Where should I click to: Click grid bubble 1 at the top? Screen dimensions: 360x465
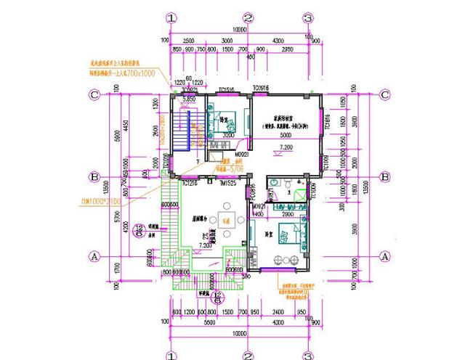171,17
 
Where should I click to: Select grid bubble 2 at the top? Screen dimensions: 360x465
247,17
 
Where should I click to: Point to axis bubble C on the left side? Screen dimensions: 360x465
94,94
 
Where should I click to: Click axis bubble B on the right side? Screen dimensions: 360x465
385,176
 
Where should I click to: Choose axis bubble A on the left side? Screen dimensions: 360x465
94,255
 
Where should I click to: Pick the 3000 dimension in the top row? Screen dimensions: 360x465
227,39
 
